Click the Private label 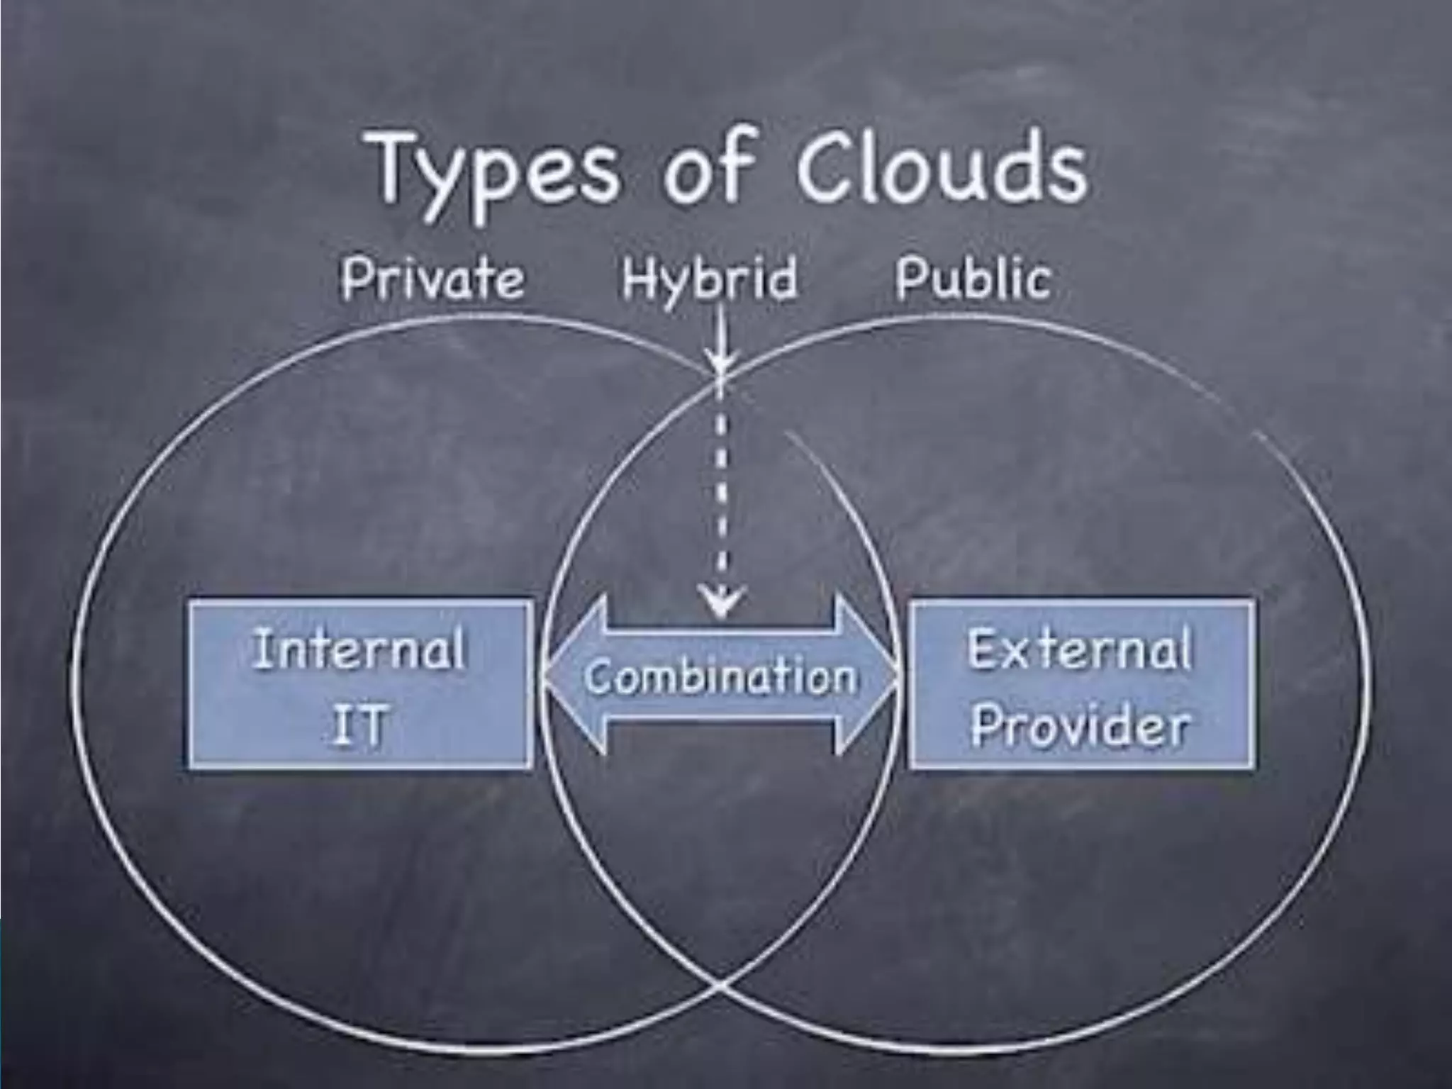[432, 279]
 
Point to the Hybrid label [709, 279]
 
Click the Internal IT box [360, 685]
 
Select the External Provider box [1080, 685]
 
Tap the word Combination [720, 677]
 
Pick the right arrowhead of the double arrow [869, 674]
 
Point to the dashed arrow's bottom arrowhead [721, 603]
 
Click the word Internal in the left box [359, 649]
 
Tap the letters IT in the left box [359, 725]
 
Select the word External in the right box [1079, 649]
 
